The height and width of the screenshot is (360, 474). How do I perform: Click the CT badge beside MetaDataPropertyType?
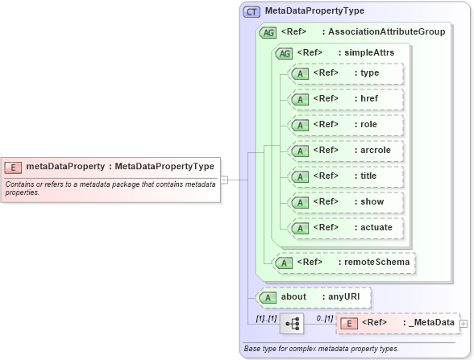(252, 11)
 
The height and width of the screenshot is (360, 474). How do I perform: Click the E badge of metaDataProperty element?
(13, 167)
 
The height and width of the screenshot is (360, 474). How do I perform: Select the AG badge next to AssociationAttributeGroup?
(268, 32)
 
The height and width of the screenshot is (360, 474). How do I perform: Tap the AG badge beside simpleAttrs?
(284, 53)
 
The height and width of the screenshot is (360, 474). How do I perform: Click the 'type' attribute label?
(370, 72)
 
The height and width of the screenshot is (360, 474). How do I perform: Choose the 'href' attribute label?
(370, 98)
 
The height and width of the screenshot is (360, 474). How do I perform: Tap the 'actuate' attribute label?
(376, 227)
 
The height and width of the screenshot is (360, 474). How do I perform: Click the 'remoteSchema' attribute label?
(376, 261)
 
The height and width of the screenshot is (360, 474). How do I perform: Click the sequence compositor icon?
(291, 324)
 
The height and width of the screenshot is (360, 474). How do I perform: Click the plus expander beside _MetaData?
(464, 324)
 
